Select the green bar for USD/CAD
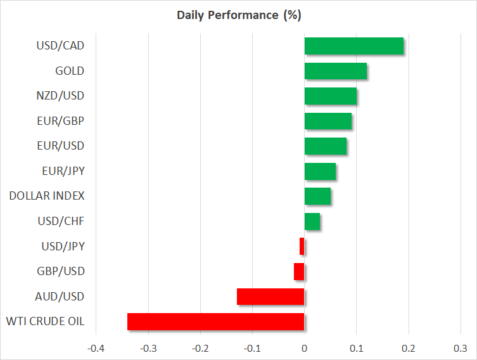(353, 46)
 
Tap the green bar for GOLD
(335, 71)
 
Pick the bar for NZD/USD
(330, 96)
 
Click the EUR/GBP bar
(328, 121)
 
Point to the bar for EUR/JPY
(320, 171)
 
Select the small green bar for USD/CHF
(312, 221)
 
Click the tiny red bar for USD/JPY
(302, 247)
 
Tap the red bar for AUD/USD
(270, 297)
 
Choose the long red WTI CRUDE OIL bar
(215, 321)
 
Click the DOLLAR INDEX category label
(47, 196)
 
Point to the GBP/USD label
(60, 271)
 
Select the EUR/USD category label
(61, 146)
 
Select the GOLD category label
(70, 71)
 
